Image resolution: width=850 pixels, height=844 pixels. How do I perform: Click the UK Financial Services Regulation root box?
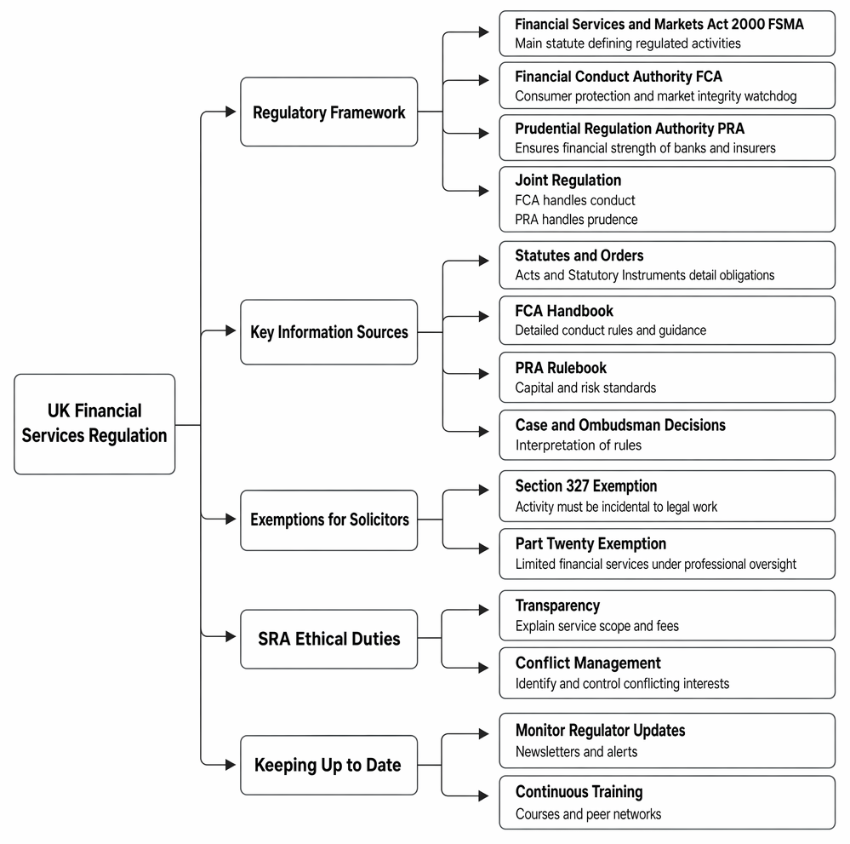(94, 424)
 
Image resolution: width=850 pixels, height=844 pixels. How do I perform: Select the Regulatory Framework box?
(329, 112)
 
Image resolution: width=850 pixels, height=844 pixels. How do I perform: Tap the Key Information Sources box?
(329, 331)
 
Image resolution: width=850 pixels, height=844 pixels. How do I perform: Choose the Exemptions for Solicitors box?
(329, 520)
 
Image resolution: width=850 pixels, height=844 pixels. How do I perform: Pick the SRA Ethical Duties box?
(329, 639)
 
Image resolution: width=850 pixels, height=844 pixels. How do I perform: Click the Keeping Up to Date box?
(329, 765)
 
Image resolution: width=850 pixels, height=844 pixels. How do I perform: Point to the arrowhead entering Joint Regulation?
(484, 191)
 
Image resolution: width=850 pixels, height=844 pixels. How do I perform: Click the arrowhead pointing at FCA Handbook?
(484, 317)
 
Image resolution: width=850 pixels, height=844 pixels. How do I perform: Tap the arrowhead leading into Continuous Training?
(484, 796)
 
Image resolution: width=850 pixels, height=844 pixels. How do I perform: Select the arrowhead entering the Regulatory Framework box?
(231, 112)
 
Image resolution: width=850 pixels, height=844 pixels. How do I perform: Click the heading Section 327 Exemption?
(586, 485)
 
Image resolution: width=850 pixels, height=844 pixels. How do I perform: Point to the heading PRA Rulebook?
(561, 368)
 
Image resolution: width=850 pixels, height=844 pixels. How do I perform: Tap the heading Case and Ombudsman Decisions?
(620, 425)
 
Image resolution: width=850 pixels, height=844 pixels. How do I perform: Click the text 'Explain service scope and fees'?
(596, 626)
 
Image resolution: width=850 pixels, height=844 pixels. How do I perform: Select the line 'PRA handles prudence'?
(576, 219)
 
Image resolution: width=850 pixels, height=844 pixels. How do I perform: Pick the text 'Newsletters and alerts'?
(576, 752)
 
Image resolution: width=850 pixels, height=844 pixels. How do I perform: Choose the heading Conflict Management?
(588, 663)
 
